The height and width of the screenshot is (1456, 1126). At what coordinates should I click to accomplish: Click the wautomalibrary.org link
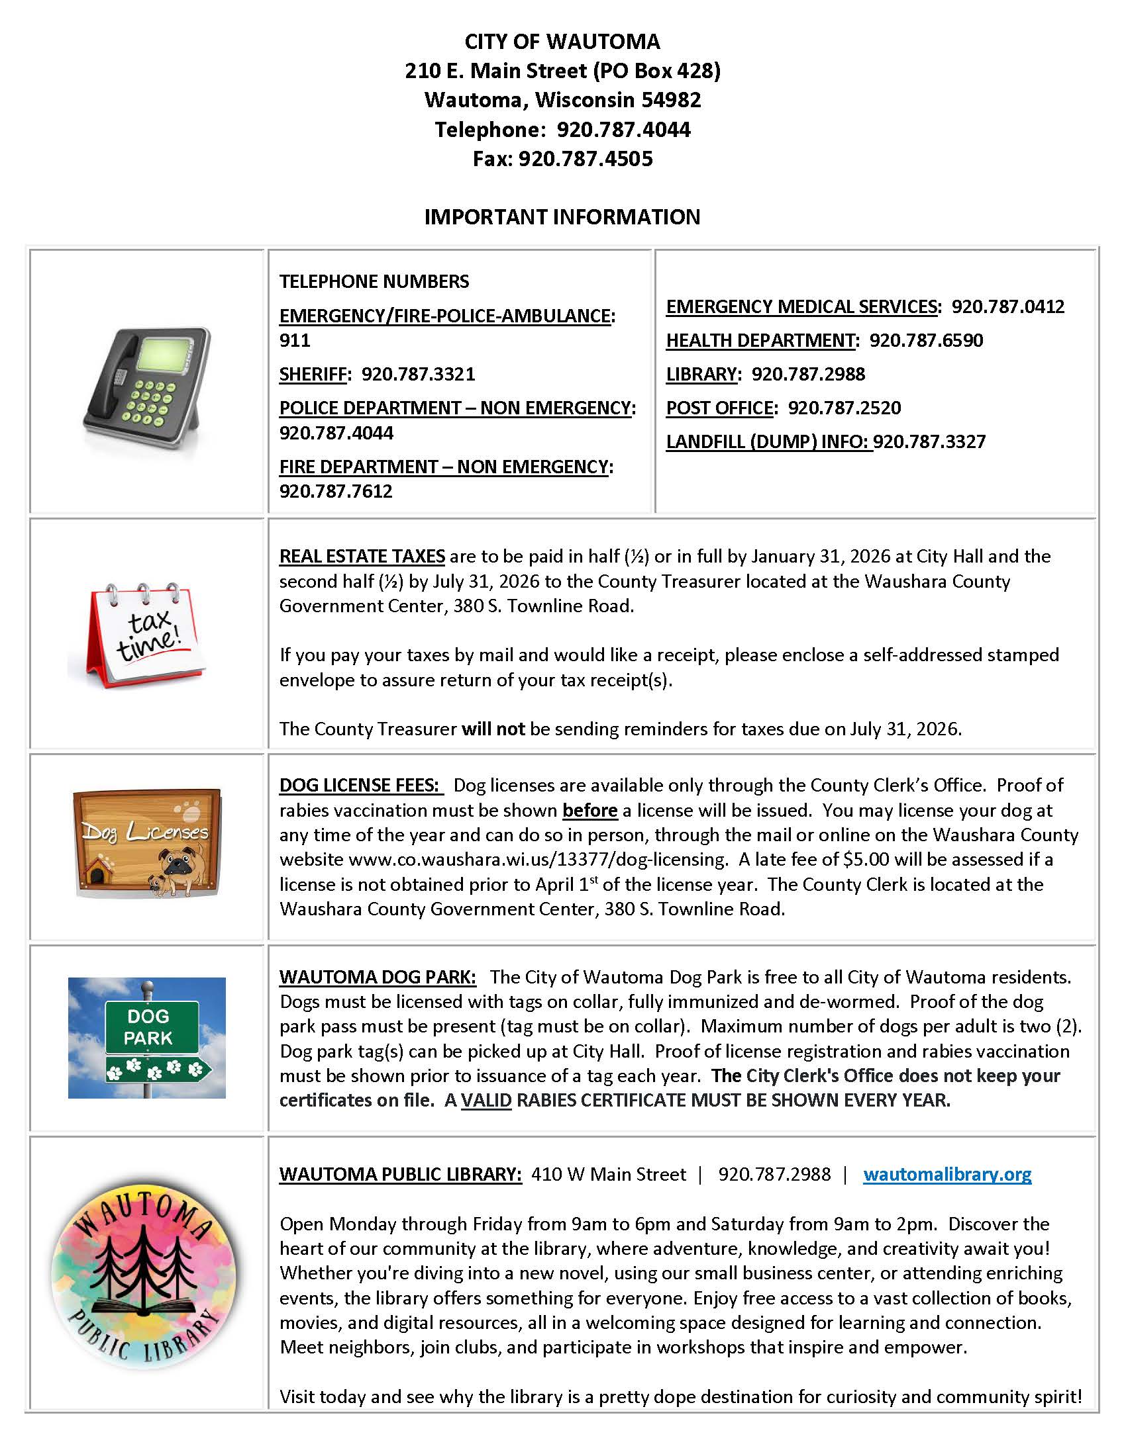pyautogui.click(x=947, y=1174)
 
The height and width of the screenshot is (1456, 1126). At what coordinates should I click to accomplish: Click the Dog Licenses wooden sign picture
pyautogui.click(x=147, y=842)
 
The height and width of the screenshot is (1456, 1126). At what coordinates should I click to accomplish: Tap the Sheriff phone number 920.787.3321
pyautogui.click(x=418, y=374)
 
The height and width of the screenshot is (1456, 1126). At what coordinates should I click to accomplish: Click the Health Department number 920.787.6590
pyautogui.click(x=926, y=341)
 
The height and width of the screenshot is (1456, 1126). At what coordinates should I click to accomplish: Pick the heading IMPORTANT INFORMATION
pyautogui.click(x=562, y=217)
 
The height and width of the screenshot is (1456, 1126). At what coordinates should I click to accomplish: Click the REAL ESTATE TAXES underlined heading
pyautogui.click(x=362, y=557)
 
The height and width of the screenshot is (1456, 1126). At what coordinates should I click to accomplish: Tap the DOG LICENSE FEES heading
pyautogui.click(x=359, y=786)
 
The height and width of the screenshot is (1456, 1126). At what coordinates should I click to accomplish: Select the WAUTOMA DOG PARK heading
pyautogui.click(x=378, y=978)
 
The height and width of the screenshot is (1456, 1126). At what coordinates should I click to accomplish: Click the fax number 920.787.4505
pyautogui.click(x=585, y=159)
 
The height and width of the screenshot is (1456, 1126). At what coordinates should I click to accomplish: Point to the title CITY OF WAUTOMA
pyautogui.click(x=562, y=42)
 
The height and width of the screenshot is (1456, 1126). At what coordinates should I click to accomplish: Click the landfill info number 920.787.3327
pyautogui.click(x=929, y=442)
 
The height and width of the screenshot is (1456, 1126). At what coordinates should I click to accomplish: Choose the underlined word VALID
pyautogui.click(x=486, y=1101)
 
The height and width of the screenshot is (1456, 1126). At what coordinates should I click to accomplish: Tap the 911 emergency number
pyautogui.click(x=295, y=341)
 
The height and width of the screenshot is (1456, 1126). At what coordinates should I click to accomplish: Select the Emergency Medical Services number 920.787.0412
pyautogui.click(x=1007, y=306)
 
